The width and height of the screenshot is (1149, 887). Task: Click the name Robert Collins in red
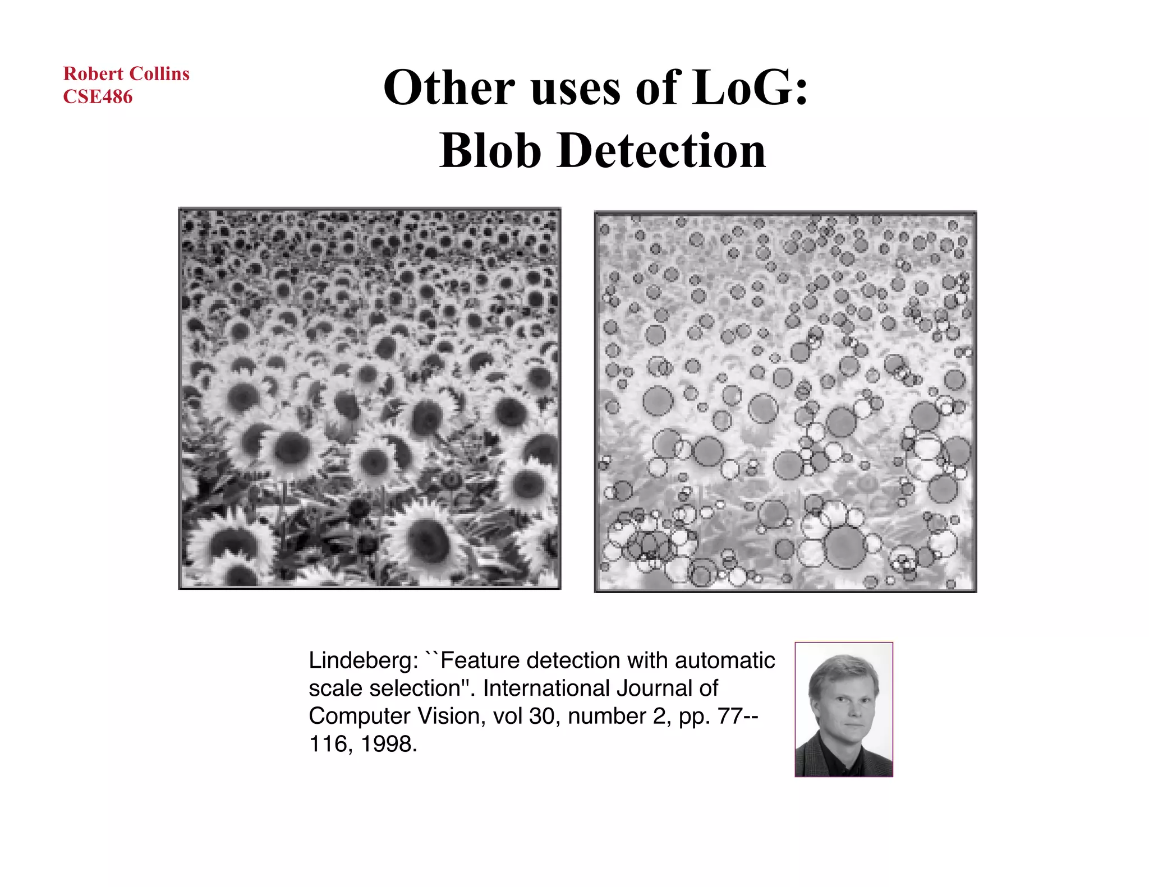tap(126, 73)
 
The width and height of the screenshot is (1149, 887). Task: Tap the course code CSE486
tap(98, 96)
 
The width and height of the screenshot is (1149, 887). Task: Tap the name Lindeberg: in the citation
tap(363, 661)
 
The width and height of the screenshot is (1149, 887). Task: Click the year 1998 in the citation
tap(388, 744)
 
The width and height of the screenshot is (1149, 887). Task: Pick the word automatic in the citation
tap(725, 660)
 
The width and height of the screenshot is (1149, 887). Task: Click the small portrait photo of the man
tap(843, 709)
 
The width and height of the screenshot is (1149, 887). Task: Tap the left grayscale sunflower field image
tap(370, 398)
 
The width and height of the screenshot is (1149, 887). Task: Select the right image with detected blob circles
tap(785, 401)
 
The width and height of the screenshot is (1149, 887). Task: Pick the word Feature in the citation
tap(480, 660)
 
